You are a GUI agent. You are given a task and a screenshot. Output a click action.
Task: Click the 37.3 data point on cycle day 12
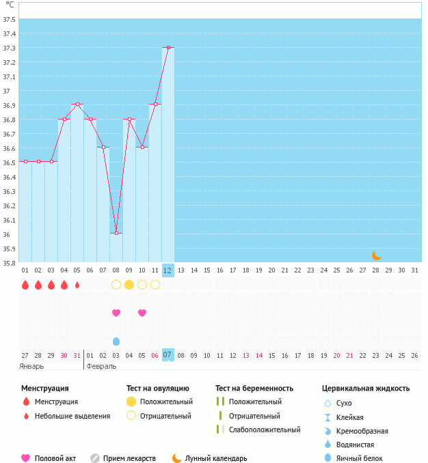168,48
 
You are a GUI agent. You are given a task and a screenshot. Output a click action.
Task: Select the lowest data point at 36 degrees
116,234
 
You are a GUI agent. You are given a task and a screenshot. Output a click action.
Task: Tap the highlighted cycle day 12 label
168,270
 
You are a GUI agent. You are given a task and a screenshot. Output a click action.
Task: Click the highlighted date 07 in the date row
168,355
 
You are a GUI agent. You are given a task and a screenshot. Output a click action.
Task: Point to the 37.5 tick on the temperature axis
10,19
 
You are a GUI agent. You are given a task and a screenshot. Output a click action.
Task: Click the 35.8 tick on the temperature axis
10,263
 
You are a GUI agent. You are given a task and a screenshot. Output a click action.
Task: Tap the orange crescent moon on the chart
376,255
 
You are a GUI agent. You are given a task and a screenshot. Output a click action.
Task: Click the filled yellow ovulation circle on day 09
129,285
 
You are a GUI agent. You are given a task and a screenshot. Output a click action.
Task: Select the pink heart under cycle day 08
116,313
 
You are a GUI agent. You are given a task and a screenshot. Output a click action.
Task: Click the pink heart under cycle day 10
142,313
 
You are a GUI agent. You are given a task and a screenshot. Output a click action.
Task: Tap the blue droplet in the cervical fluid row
116,341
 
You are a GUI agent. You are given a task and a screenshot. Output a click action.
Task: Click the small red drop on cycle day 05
77,285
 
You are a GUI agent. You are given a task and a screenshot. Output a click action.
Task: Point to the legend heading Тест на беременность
254,389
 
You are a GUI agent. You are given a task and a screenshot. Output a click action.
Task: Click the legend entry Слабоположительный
265,430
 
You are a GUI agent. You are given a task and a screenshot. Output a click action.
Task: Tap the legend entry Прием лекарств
129,459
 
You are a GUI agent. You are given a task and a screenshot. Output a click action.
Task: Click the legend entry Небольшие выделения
72,416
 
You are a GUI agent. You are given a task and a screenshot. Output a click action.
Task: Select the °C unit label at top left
10,5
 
